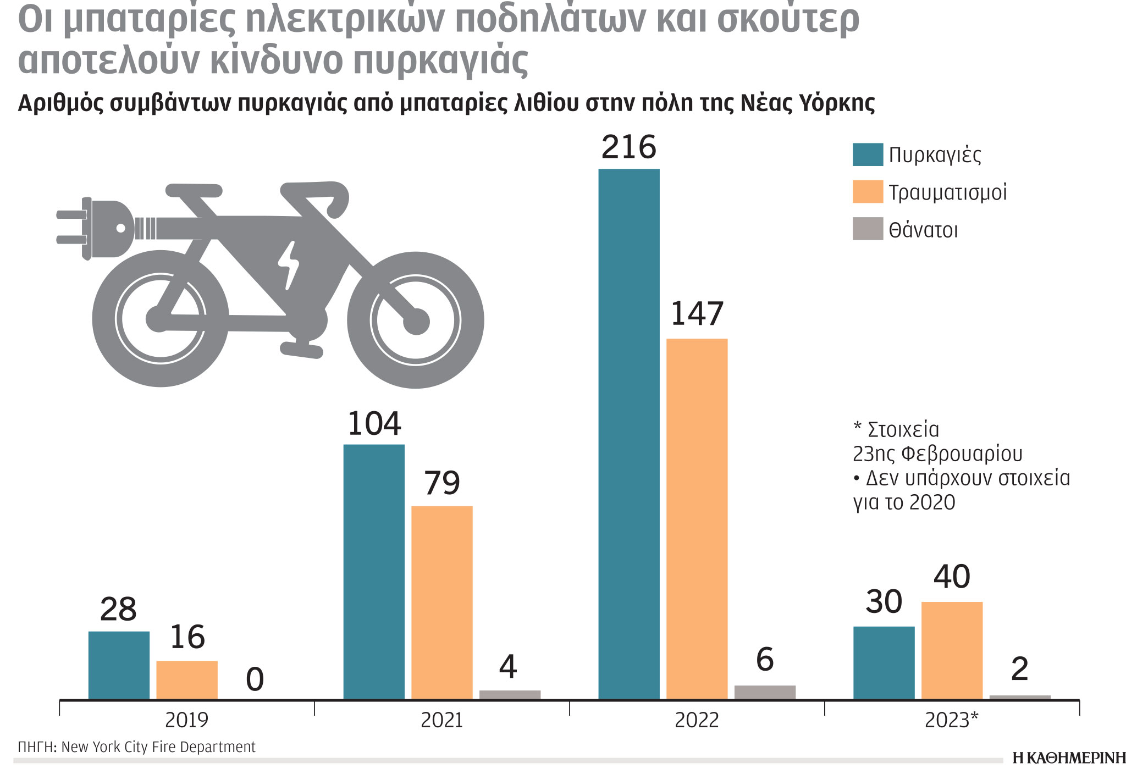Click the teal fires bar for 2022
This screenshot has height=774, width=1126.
(x=628, y=434)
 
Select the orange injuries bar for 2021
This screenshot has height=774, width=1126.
(x=441, y=602)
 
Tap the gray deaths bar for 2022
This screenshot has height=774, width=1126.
(x=765, y=692)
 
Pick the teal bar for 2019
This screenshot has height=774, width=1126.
(x=119, y=665)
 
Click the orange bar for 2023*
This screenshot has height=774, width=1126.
(x=952, y=650)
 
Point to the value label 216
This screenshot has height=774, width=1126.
(x=628, y=147)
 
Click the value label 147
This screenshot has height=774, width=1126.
(x=697, y=314)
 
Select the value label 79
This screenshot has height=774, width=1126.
(x=441, y=483)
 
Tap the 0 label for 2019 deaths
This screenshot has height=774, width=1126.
(x=255, y=679)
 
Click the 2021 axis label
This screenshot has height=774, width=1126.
(x=441, y=720)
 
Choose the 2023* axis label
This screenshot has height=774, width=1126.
(x=951, y=720)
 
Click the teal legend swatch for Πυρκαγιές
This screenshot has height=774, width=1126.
(x=868, y=154)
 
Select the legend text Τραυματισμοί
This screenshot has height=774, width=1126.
(x=947, y=192)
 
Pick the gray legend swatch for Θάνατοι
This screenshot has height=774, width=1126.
(x=868, y=229)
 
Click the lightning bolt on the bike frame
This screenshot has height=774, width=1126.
(x=288, y=264)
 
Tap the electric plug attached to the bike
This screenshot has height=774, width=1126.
(x=99, y=228)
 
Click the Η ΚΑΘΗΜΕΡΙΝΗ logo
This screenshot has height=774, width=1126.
(x=1068, y=758)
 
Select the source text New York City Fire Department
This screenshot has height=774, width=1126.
(x=158, y=747)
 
